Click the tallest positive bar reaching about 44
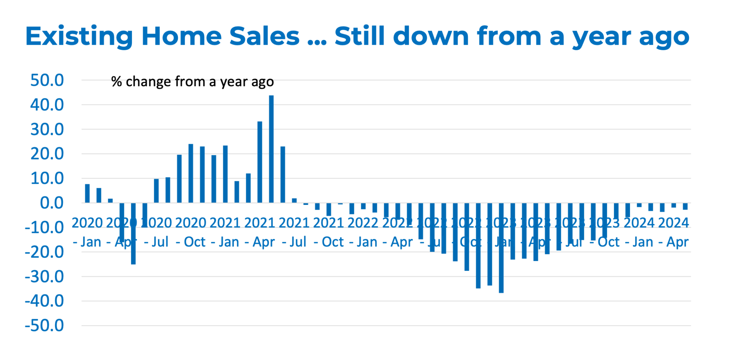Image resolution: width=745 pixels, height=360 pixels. (x=271, y=149)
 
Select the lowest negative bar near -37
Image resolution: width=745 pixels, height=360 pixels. (x=501, y=248)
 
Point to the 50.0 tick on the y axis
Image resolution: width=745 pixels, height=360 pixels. (x=47, y=80)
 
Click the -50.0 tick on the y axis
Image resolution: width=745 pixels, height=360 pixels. (x=44, y=326)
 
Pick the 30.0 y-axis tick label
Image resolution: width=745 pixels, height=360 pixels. (x=47, y=130)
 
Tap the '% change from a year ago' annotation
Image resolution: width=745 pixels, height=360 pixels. (x=192, y=82)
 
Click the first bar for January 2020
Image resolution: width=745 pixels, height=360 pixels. (x=87, y=193)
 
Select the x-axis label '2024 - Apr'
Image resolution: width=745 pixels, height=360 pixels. (x=673, y=232)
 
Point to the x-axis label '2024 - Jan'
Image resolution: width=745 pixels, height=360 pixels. (x=639, y=232)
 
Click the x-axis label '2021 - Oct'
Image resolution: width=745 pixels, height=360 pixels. (x=328, y=232)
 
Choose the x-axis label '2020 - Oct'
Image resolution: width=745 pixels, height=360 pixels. (x=191, y=232)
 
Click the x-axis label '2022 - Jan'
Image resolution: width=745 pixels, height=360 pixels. (x=363, y=232)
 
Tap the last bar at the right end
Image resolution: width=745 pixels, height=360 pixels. (x=685, y=206)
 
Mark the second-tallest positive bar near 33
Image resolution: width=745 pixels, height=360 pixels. (x=260, y=162)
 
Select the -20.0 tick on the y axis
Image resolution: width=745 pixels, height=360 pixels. (x=44, y=252)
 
